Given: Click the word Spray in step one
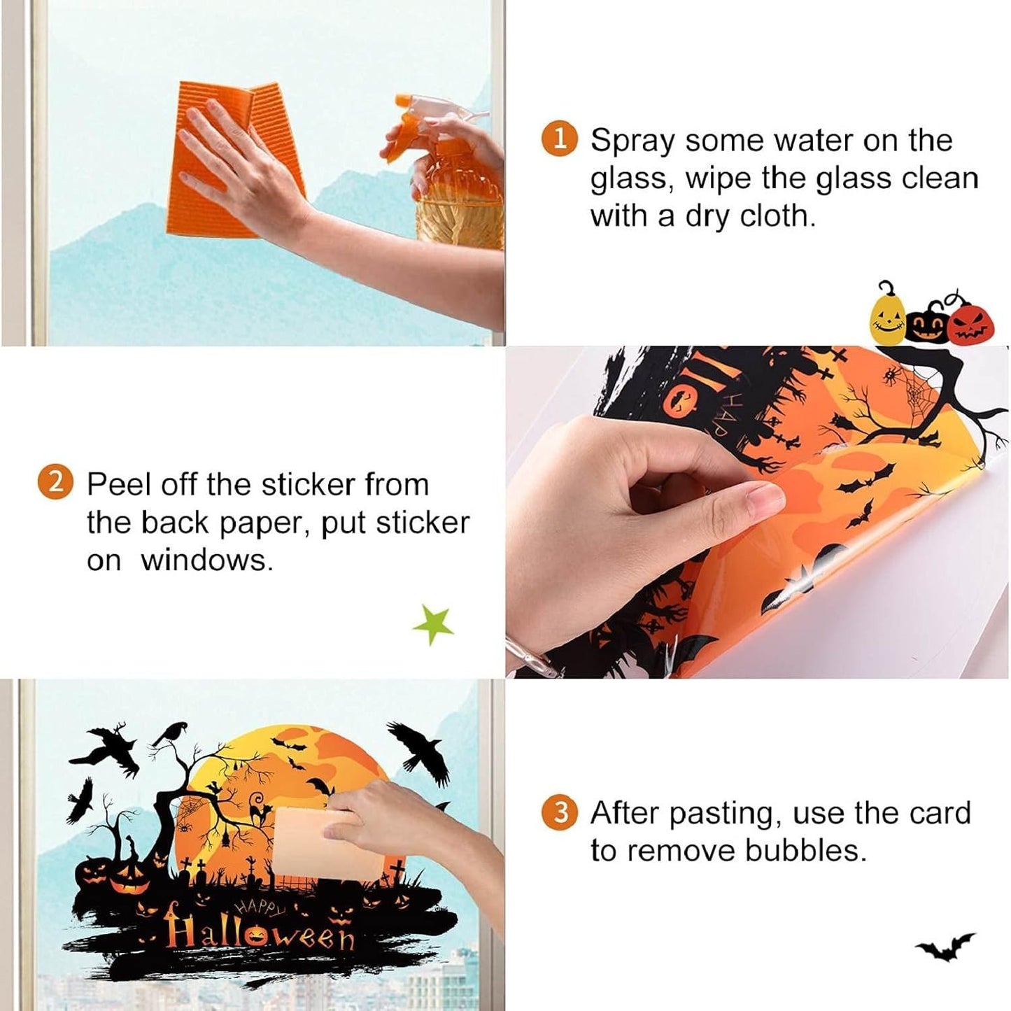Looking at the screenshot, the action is point(632,142).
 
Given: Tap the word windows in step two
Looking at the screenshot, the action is point(208,560).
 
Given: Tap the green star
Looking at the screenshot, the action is point(433,625).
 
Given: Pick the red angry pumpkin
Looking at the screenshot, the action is point(973,323).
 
